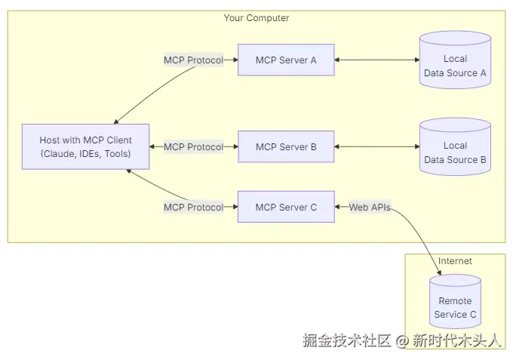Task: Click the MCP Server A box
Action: point(286,60)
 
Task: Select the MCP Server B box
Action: point(286,147)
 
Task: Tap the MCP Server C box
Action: point(286,207)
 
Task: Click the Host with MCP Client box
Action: point(85,147)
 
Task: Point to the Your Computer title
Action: point(256,18)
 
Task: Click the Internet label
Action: point(455,261)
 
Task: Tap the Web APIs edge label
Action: point(370,207)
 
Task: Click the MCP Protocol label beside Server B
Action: point(194,147)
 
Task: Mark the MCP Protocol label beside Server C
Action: point(194,207)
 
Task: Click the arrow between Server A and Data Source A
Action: point(376,60)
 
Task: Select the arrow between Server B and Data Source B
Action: point(376,147)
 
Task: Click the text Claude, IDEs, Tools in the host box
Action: point(85,154)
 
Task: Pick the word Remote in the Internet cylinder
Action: point(455,300)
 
